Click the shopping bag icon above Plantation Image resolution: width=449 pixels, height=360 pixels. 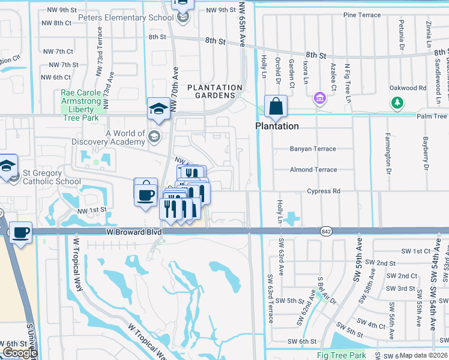click(276, 107)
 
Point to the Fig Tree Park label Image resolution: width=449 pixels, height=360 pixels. click(341, 355)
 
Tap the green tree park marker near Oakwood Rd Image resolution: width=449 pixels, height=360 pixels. click(397, 103)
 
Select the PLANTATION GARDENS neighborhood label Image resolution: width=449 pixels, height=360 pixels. click(214, 91)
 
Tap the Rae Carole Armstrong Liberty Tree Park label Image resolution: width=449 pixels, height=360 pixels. click(83, 106)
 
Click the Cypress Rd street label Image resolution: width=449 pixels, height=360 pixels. click(324, 191)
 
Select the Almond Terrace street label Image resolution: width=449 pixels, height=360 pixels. click(313, 170)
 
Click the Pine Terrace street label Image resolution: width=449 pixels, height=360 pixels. click(362, 15)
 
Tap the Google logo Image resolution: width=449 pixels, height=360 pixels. click(20, 353)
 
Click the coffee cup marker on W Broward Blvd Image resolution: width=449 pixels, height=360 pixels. click(21, 233)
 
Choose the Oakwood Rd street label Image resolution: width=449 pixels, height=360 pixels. click(424, 88)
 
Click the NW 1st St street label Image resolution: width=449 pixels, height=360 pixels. click(92, 209)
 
